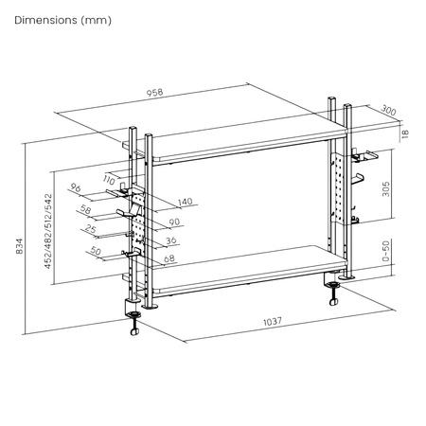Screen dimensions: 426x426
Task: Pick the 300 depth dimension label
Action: coord(388,111)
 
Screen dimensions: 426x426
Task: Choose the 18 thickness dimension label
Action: coord(406,135)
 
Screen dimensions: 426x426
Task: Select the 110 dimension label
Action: coord(111,180)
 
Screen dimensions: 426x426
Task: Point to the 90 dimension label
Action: coord(173,222)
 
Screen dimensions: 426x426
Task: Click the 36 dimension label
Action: coord(173,240)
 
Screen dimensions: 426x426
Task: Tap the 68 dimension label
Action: coord(169,259)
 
